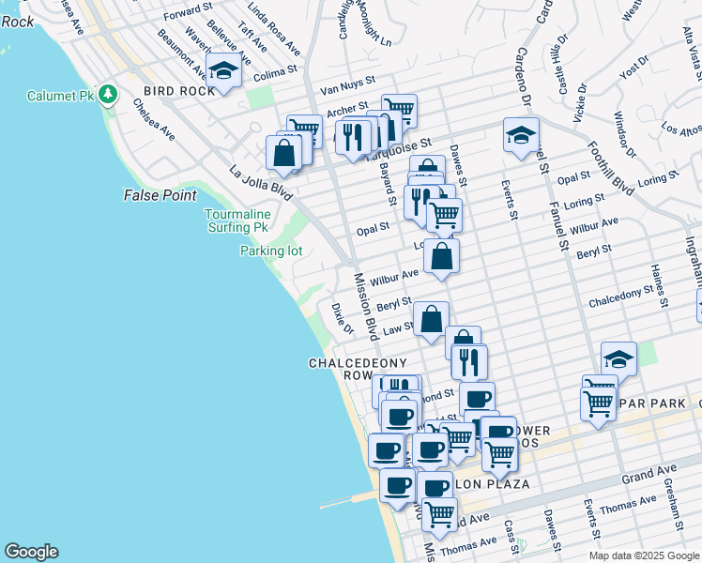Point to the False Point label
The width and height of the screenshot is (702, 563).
[160, 195]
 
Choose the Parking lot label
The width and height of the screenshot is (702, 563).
[270, 251]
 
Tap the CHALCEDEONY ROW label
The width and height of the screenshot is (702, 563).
[345, 369]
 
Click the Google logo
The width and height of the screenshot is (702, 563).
[31, 552]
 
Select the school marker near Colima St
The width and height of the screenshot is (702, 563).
[223, 71]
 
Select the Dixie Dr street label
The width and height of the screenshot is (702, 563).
[342, 318]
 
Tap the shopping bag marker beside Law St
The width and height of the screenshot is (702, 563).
[431, 319]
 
